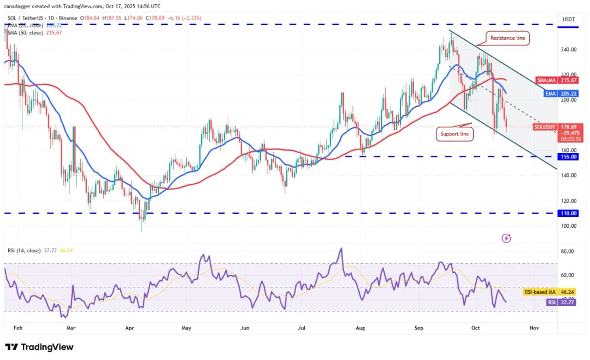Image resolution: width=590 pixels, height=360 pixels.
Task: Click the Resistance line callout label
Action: pos(508,38)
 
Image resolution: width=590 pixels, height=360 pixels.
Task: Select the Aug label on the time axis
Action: pos(359,328)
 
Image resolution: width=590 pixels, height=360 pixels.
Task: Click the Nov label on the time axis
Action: pos(534,328)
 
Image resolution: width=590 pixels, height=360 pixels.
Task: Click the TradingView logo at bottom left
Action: pos(39,347)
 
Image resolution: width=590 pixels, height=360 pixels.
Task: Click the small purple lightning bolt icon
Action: pos(506,238)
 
